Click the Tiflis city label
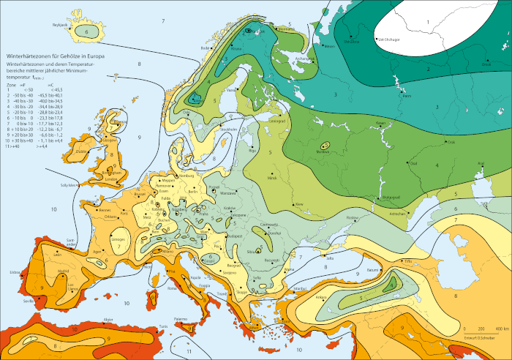tap(409, 261)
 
